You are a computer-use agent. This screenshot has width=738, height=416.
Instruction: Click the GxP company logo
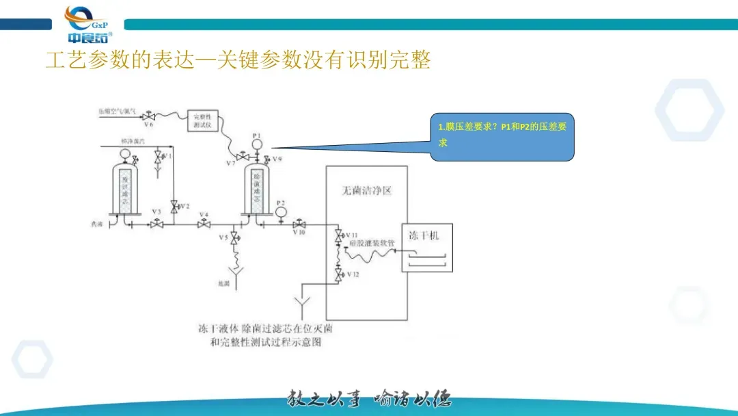click(x=87, y=24)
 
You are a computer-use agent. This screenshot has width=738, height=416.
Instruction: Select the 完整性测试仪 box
click(x=202, y=121)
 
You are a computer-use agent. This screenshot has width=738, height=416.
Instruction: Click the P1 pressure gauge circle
click(x=257, y=145)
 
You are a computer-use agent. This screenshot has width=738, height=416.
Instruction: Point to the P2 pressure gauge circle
click(x=281, y=212)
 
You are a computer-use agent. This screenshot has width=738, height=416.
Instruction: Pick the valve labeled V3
click(x=156, y=224)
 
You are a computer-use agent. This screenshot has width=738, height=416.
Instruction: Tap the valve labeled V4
click(x=203, y=224)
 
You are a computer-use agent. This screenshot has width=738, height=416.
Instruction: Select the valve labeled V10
click(x=299, y=224)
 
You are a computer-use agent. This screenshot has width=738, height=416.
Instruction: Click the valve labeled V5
click(x=234, y=238)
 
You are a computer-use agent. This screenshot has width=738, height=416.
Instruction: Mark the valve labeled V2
click(x=174, y=205)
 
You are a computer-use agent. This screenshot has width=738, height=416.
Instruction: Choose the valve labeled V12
click(x=338, y=275)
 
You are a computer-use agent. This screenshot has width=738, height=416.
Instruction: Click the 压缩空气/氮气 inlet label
click(x=118, y=110)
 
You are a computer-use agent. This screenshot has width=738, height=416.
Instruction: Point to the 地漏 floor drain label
click(x=223, y=283)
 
